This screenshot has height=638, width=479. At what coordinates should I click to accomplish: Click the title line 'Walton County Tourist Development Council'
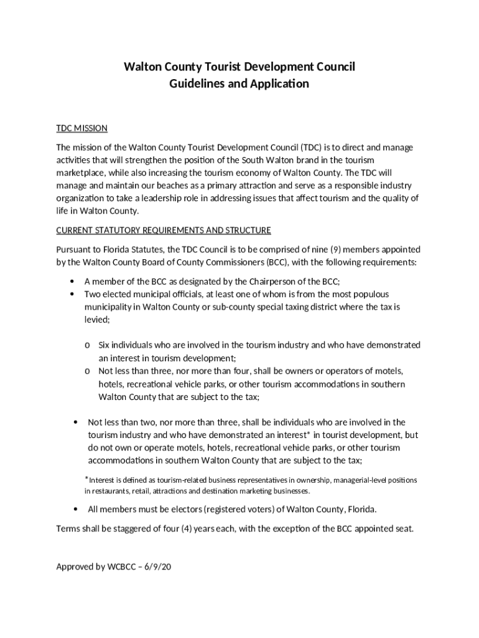[240, 67]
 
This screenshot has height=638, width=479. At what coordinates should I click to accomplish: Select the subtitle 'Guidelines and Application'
[240, 83]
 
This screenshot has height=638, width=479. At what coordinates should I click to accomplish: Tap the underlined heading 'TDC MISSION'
[82, 128]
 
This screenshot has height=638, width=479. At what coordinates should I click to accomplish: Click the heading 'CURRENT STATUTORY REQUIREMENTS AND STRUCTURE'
[164, 231]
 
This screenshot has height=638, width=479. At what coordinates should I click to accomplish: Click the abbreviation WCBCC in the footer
[121, 566]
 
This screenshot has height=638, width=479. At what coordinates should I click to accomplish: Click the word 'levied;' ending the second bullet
[97, 319]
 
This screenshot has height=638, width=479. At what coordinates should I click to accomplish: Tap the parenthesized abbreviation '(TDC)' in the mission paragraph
[312, 148]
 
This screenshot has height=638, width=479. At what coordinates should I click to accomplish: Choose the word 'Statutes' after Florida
[139, 249]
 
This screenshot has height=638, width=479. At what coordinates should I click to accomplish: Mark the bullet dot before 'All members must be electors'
[75, 510]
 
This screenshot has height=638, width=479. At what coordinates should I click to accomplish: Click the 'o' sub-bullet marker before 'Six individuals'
[88, 345]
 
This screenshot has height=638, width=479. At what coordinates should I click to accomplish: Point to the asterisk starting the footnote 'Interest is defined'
[87, 478]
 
